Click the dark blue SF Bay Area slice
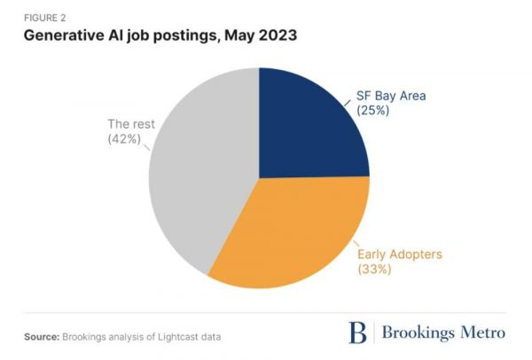click(310, 124)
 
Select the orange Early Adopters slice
click(284, 231)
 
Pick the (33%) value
click(373, 268)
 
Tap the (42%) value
click(124, 139)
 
